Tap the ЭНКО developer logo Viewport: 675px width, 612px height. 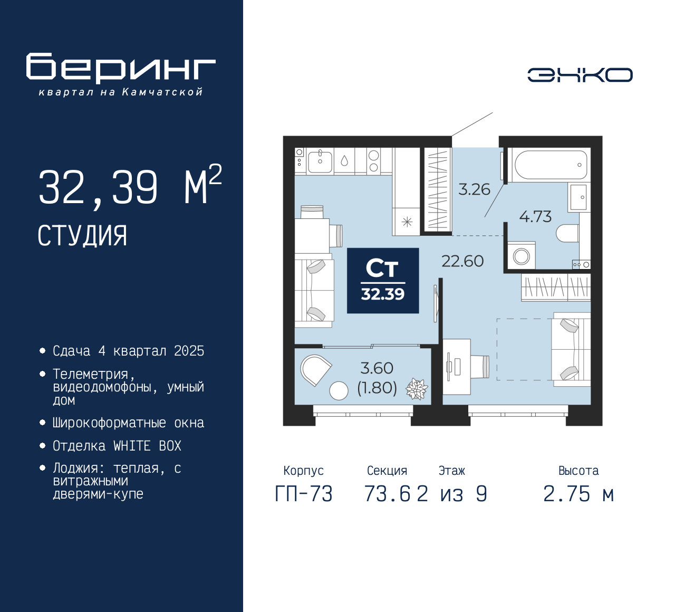[x=580, y=75]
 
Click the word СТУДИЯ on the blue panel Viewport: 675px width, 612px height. [x=82, y=236]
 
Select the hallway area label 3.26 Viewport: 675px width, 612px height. [x=474, y=189]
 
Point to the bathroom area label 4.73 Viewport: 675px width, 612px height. [x=535, y=216]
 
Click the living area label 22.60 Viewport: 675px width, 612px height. [x=462, y=261]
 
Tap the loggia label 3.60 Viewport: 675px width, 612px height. [x=377, y=368]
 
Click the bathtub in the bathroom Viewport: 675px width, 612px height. [x=549, y=165]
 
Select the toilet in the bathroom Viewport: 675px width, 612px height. [x=567, y=233]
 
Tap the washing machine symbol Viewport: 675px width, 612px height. [x=521, y=255]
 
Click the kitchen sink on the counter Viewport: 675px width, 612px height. [x=320, y=161]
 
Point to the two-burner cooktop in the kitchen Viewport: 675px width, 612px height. [x=373, y=161]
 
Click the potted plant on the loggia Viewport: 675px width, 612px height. [x=417, y=389]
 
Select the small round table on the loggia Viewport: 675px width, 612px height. [x=339, y=391]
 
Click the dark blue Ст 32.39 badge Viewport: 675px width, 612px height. [x=383, y=281]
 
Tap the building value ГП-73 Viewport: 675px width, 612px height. [x=304, y=494]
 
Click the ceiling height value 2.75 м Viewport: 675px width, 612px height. [x=578, y=494]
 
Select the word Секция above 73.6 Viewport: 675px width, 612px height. [x=387, y=471]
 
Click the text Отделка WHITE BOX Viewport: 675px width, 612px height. [x=117, y=446]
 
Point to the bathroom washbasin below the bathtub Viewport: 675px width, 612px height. [x=579, y=197]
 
